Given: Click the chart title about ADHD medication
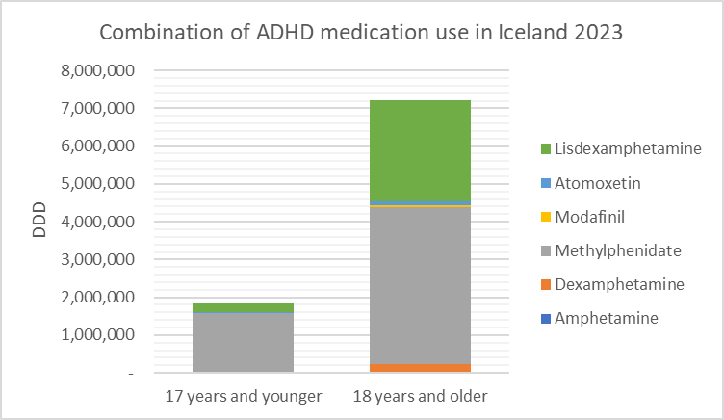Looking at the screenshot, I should [x=362, y=32].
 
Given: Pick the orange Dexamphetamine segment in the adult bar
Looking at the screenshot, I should [x=420, y=367].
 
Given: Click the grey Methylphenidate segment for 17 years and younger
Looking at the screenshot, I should [x=243, y=342].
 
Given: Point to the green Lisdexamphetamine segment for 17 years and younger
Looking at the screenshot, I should [x=243, y=307].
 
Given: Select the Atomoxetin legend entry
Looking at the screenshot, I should [x=592, y=182].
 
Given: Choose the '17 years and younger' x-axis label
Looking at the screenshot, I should [x=243, y=396].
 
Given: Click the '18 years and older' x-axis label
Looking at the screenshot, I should [x=420, y=396].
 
